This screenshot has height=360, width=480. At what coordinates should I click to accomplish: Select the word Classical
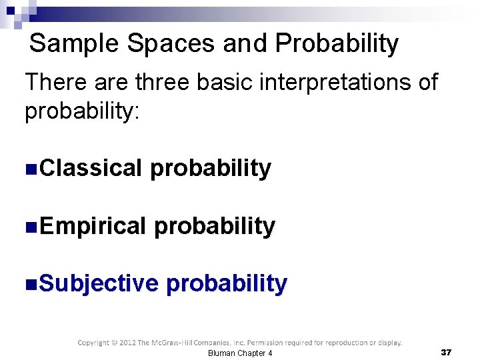91,169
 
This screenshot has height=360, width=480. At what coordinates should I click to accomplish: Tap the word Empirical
92,227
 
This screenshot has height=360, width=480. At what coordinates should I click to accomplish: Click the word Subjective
99,284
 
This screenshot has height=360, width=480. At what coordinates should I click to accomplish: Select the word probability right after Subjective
227,284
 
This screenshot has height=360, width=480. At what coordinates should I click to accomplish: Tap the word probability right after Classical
211,169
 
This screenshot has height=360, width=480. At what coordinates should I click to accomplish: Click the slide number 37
446,352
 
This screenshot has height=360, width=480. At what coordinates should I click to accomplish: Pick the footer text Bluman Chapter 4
240,353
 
